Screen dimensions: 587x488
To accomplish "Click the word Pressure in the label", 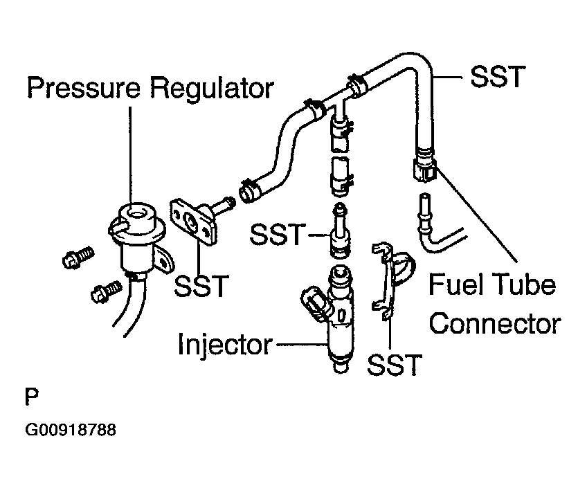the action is pyautogui.click(x=84, y=89).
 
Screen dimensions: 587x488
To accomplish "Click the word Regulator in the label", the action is pyautogui.click(x=212, y=89).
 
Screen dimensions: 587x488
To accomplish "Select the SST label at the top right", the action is pyautogui.click(x=498, y=76).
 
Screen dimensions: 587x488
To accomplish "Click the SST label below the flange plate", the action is pyautogui.click(x=201, y=286).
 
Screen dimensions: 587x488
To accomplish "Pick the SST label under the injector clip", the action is pyautogui.click(x=395, y=365).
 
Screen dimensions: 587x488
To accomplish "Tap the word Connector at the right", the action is pyautogui.click(x=495, y=323).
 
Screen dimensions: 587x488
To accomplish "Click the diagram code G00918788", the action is pyautogui.click(x=71, y=430).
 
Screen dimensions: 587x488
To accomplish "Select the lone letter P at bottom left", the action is pyautogui.click(x=31, y=397).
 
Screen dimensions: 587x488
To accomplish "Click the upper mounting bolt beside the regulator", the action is pyautogui.click(x=78, y=257).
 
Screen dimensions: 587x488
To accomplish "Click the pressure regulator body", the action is pyautogui.click(x=136, y=240).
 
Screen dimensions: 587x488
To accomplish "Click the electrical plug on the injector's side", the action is pyautogui.click(x=314, y=302).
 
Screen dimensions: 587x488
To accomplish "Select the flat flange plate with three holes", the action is pyautogui.click(x=193, y=221).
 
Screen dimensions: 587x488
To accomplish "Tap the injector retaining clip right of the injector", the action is pyautogui.click(x=391, y=280).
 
